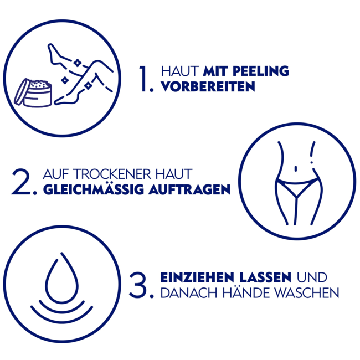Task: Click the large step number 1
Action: [144, 79]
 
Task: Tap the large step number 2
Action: [21, 181]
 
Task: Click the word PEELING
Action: [261, 71]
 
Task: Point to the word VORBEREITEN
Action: [208, 86]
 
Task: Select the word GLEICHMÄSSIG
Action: [94, 189]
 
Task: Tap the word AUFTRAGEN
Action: [189, 189]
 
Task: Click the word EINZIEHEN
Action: [197, 277]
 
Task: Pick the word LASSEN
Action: [265, 277]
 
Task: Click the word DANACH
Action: [189, 293]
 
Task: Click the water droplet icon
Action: [62, 278]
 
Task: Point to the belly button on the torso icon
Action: [296, 169]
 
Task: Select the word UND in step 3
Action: [312, 277]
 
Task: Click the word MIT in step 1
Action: [215, 71]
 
